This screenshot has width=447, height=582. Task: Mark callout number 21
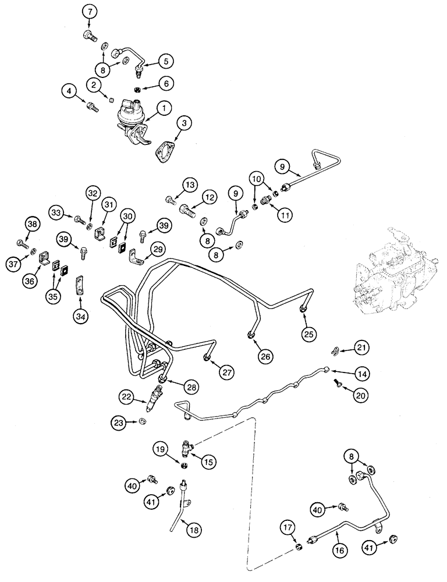[x=362, y=347]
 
